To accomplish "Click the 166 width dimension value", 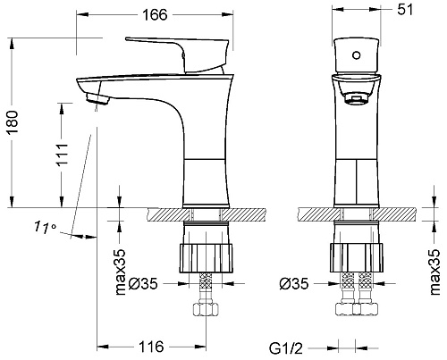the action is click(x=155, y=15).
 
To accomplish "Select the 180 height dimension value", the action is click(x=13, y=122).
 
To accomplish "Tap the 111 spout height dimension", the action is click(x=63, y=155).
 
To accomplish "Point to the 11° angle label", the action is click(x=45, y=227).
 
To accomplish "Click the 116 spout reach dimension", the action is click(x=151, y=347).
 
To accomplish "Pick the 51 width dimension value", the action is click(x=406, y=10).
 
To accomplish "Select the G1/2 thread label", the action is click(x=286, y=348).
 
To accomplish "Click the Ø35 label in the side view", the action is click(x=143, y=284).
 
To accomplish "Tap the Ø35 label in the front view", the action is click(x=294, y=284).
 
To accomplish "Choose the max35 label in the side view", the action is click(x=121, y=272).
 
